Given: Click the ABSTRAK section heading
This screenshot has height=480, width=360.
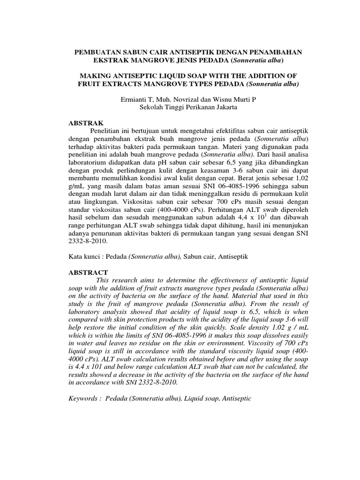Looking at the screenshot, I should [83, 120].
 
